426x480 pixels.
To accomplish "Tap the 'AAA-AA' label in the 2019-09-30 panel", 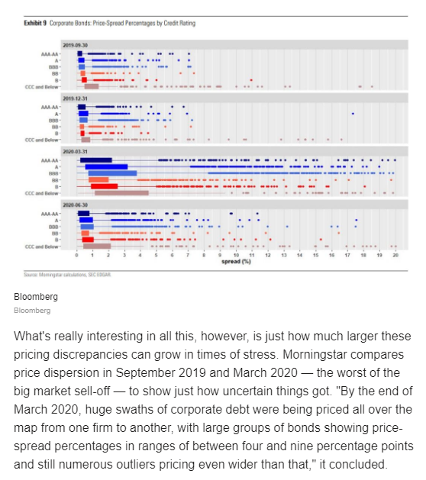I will [x=50, y=54].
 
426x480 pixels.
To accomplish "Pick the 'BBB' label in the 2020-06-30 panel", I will [x=53, y=227].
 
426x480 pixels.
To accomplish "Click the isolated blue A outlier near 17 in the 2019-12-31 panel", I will [x=352, y=114].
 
